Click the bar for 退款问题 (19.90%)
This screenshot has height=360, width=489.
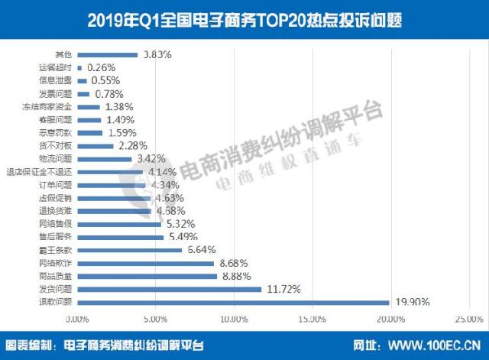[x=232, y=302]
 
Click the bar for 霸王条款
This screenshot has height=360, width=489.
[x=128, y=250]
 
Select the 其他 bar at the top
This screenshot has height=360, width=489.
[x=106, y=55]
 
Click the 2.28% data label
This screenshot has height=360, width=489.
[x=131, y=145]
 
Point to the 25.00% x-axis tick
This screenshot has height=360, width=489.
[x=469, y=319]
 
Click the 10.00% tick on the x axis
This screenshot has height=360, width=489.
[x=234, y=319]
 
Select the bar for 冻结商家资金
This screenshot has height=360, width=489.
[x=88, y=107]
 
